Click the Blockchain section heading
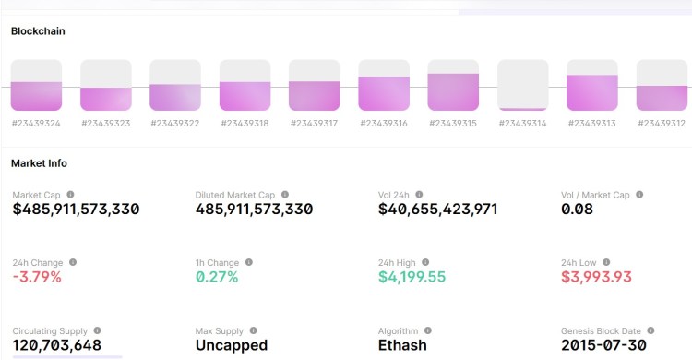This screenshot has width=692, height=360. [x=38, y=30]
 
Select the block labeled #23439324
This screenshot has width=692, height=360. [x=36, y=85]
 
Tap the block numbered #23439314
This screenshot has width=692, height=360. [x=522, y=85]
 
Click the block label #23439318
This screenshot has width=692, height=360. [x=245, y=123]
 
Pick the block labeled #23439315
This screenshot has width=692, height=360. [x=453, y=85]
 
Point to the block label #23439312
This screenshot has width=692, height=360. [x=662, y=123]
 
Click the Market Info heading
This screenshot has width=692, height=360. [x=39, y=163]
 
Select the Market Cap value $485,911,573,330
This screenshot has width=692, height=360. [x=76, y=210]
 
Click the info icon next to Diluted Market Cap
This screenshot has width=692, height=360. [x=285, y=195]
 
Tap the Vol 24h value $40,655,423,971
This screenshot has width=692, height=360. [x=438, y=210]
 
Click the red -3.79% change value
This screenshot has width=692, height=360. [x=37, y=277]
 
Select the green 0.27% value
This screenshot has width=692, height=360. [x=217, y=277]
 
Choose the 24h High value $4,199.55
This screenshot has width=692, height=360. [x=412, y=277]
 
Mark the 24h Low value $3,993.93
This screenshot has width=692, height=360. [x=596, y=277]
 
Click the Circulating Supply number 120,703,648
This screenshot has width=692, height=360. [x=56, y=345]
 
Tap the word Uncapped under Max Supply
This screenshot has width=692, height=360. [x=232, y=345]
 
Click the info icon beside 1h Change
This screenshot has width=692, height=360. [x=249, y=262]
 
